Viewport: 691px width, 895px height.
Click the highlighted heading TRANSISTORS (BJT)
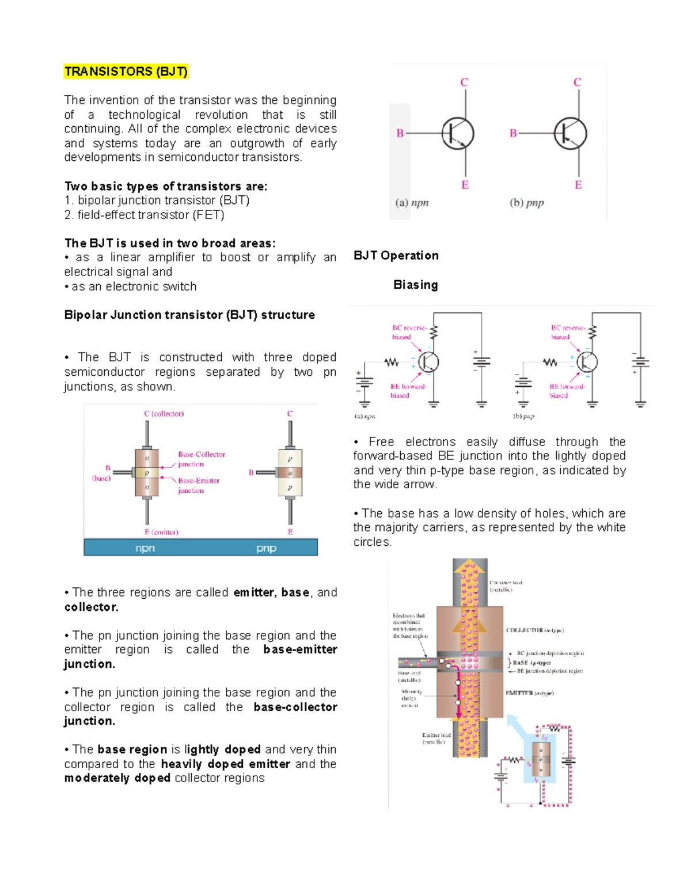point(126,71)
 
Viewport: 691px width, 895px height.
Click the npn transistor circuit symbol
point(457,134)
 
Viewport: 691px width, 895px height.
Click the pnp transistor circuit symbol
point(570,134)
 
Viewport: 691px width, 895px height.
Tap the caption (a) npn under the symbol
point(412,203)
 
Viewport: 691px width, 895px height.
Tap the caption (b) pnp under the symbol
point(526,203)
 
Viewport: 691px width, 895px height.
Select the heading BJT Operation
point(396,255)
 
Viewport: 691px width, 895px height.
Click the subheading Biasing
point(415,285)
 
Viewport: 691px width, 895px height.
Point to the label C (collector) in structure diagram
point(164,414)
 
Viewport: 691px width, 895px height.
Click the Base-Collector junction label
point(201,459)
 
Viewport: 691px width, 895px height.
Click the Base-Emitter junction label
point(198,485)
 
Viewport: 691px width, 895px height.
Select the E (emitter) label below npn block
point(161,532)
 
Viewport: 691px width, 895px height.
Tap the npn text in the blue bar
point(145,548)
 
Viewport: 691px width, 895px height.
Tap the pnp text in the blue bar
point(266,548)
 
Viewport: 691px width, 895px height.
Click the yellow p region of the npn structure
point(147,473)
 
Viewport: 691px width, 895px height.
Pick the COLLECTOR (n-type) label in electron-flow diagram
point(534,630)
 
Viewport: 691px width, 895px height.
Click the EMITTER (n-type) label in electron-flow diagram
point(529,693)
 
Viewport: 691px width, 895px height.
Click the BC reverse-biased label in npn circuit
point(409,333)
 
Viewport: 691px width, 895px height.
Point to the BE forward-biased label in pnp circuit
point(567,391)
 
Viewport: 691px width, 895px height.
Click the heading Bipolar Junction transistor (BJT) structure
point(189,315)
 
